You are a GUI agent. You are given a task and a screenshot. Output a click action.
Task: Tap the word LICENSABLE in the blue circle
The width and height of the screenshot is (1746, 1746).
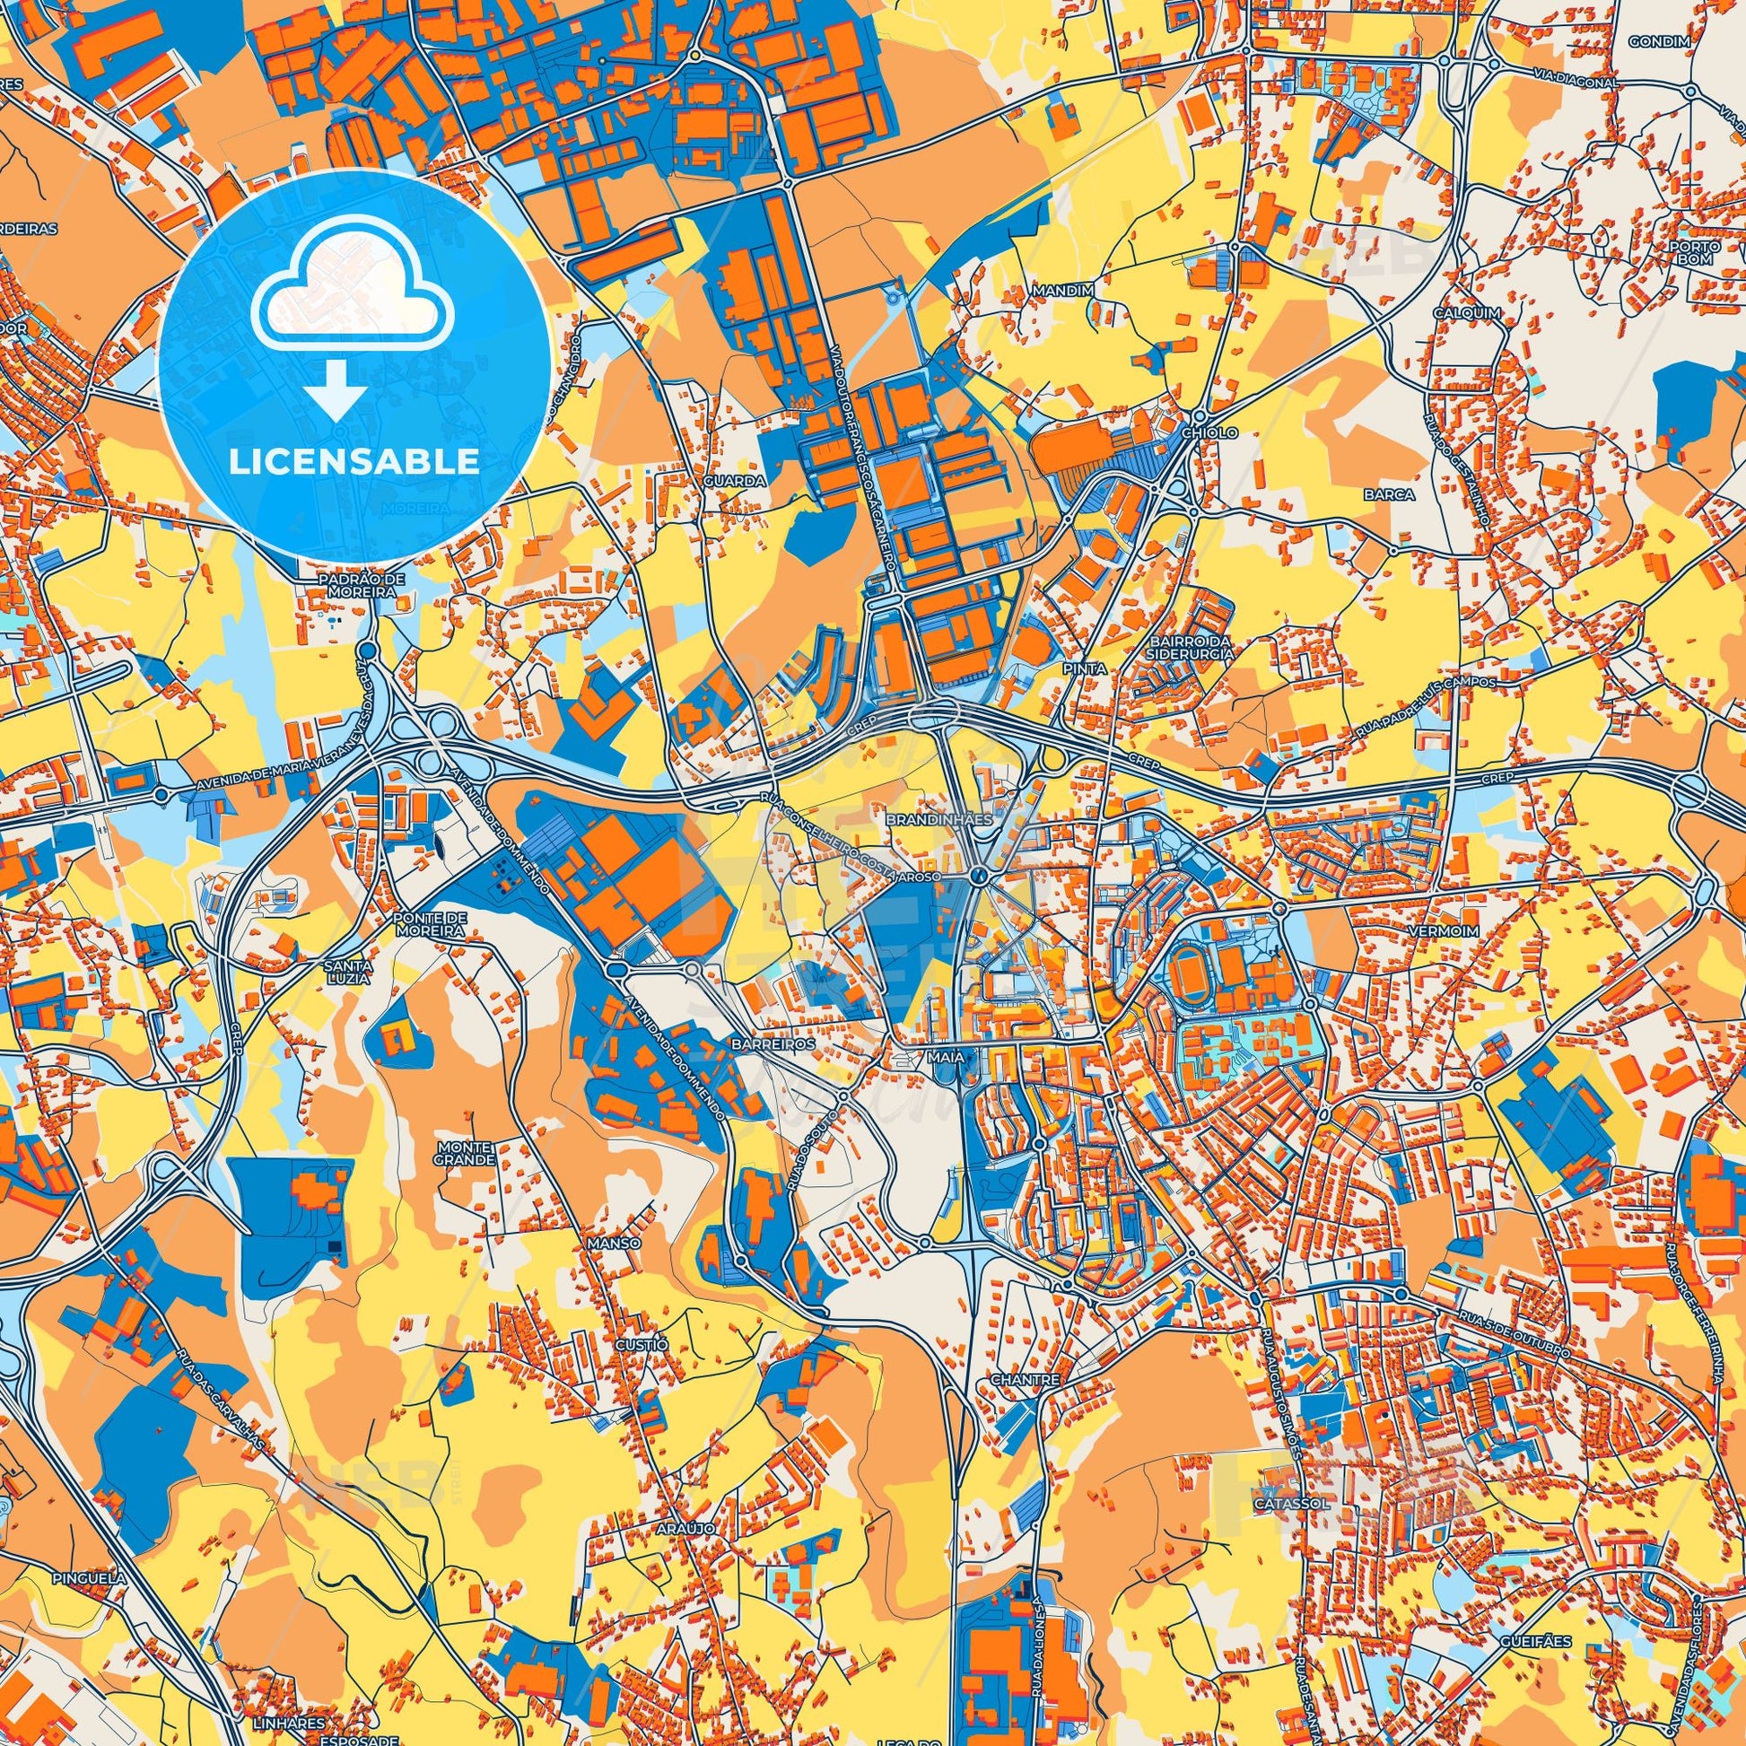click(354, 462)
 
